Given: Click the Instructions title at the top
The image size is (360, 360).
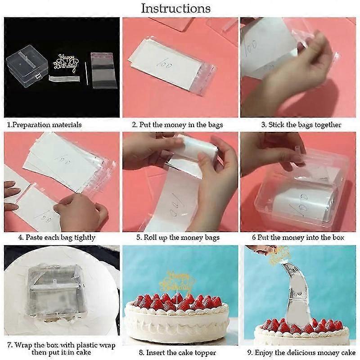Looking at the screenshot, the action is pos(175,9).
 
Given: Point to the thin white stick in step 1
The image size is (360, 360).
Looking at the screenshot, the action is pos(86,73).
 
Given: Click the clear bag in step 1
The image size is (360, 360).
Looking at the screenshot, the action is pos(104,70).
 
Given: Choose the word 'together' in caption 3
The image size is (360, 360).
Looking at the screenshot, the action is pos(328,125).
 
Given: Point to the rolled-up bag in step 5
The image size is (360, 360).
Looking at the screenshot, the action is pos(195,148).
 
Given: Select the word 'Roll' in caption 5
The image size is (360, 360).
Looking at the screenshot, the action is pos(149,237).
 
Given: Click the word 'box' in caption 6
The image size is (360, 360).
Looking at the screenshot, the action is pos(338,237).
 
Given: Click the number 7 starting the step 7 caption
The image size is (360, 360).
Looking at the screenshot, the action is pos(9,345).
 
